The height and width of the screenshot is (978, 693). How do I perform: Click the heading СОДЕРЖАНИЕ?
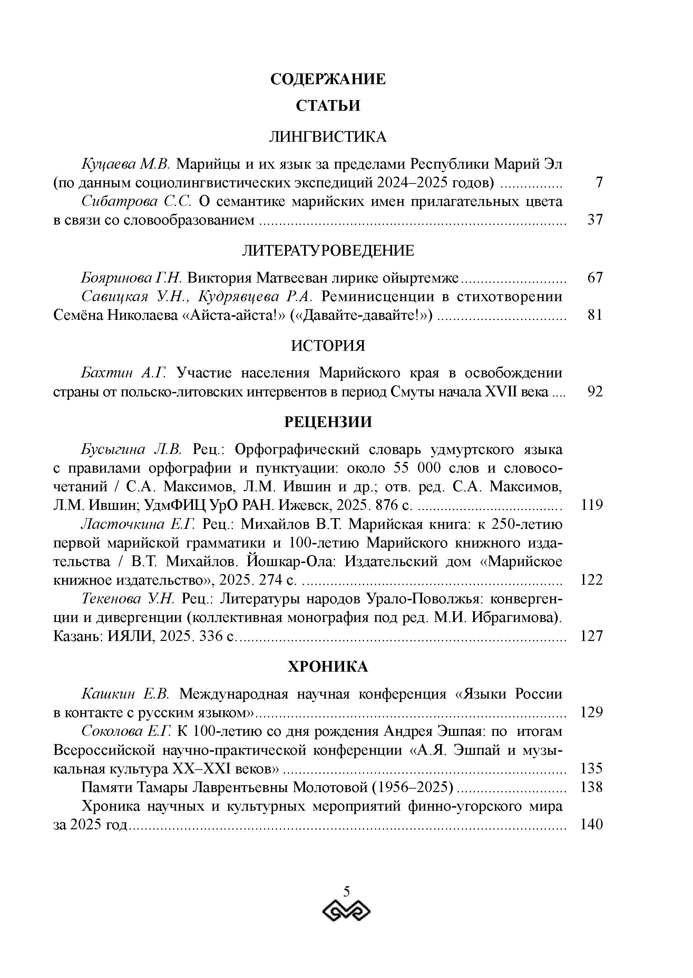tap(328, 79)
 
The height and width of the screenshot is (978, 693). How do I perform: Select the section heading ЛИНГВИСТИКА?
tap(328, 137)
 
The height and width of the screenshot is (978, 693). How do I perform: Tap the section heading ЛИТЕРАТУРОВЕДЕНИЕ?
tap(328, 250)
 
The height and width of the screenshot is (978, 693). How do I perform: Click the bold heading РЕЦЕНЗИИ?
tap(328, 422)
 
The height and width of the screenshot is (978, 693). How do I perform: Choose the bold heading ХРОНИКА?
tap(328, 666)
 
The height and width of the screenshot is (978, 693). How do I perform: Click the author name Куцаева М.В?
tap(126, 164)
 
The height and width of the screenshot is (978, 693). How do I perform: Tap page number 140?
tap(592, 824)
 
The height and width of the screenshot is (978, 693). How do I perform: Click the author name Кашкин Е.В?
tap(126, 694)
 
